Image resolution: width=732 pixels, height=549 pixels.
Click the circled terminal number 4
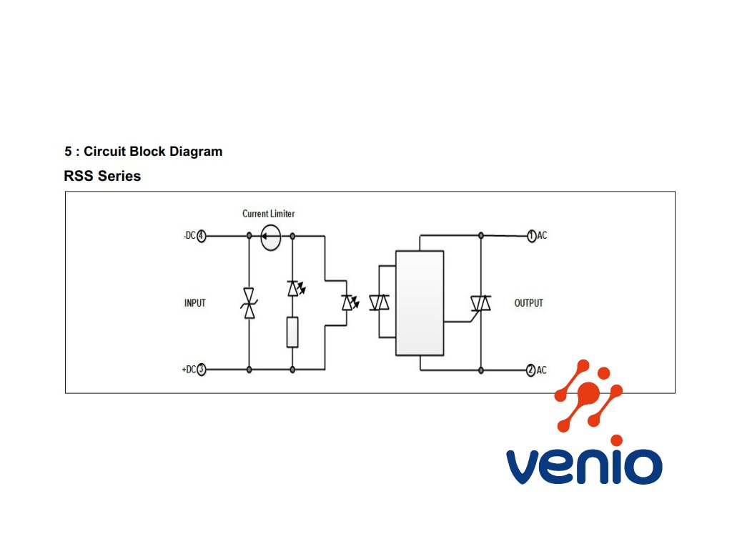point(201,236)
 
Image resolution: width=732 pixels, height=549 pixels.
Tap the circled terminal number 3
point(201,370)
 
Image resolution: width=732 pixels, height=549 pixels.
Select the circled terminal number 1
point(531,236)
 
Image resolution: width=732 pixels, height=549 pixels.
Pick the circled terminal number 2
point(531,370)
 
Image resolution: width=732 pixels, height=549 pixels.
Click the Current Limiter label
point(269,214)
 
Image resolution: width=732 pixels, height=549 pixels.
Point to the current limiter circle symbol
point(271,237)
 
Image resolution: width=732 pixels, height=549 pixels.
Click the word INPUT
point(194,303)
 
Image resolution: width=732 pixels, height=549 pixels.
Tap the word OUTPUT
point(528,303)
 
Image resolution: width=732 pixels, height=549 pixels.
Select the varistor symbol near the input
point(249,303)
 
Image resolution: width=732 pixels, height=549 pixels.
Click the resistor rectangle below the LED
point(292,332)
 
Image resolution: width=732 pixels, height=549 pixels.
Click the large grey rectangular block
point(420,303)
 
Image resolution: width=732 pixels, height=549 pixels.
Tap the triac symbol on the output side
point(480,303)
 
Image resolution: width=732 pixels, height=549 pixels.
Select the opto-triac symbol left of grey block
point(379,302)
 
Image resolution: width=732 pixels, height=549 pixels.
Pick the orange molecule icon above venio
point(588,395)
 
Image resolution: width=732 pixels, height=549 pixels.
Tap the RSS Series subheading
point(102,176)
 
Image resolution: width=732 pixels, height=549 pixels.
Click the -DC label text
point(189,236)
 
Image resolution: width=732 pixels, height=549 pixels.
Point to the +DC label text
point(189,370)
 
